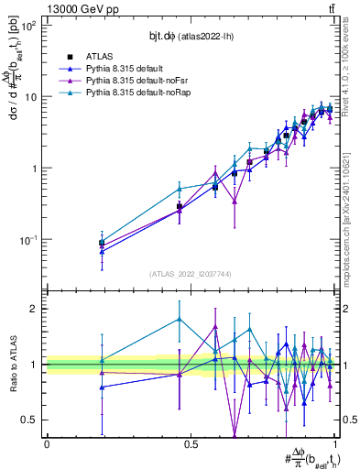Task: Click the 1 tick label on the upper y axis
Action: tap(34, 169)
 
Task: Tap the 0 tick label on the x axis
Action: tap(47, 443)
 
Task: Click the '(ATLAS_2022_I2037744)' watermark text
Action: tap(191, 274)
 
